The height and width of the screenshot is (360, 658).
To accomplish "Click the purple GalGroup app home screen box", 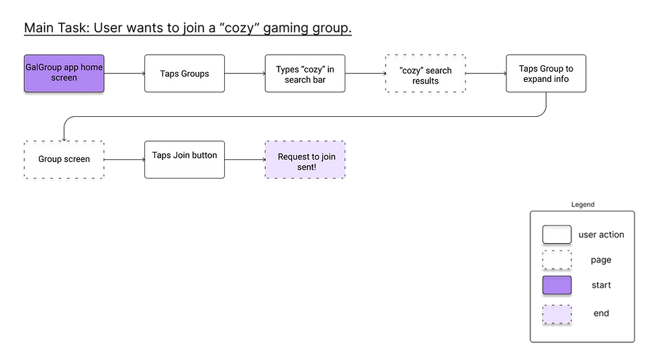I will click(x=64, y=73).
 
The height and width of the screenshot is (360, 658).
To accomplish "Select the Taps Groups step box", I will click(x=185, y=73).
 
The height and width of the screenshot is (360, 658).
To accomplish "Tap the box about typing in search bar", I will click(x=305, y=73).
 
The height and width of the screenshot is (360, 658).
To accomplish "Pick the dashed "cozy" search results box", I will click(x=425, y=75).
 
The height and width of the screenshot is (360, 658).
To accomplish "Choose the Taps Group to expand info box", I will click(x=546, y=73).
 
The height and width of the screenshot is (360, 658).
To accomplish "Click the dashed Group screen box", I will click(x=64, y=159).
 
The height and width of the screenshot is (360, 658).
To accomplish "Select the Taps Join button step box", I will click(x=185, y=159).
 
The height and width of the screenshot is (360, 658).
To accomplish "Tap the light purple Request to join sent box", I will click(x=305, y=161).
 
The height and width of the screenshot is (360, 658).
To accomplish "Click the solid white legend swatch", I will click(x=557, y=234).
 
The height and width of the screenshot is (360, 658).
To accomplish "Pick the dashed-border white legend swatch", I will click(x=557, y=260).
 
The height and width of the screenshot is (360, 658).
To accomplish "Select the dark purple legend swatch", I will click(x=557, y=285).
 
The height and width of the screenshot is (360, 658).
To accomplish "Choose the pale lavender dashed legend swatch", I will click(x=557, y=314).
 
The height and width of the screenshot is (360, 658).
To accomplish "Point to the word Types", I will click(x=288, y=69).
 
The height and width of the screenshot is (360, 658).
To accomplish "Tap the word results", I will click(x=426, y=81).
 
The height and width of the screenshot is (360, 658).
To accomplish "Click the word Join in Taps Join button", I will click(x=182, y=155).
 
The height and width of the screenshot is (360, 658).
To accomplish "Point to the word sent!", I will click(x=305, y=167).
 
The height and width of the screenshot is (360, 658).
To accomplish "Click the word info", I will click(x=561, y=79).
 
